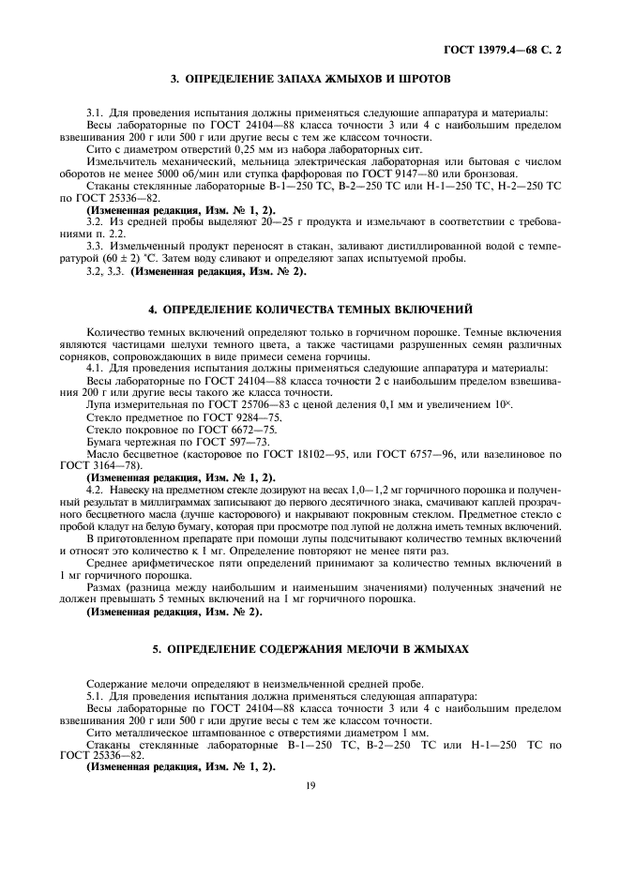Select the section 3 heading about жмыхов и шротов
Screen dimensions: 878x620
[x=310, y=78]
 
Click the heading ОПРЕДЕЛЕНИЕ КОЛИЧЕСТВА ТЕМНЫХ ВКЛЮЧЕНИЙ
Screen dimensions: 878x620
[x=310, y=309]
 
